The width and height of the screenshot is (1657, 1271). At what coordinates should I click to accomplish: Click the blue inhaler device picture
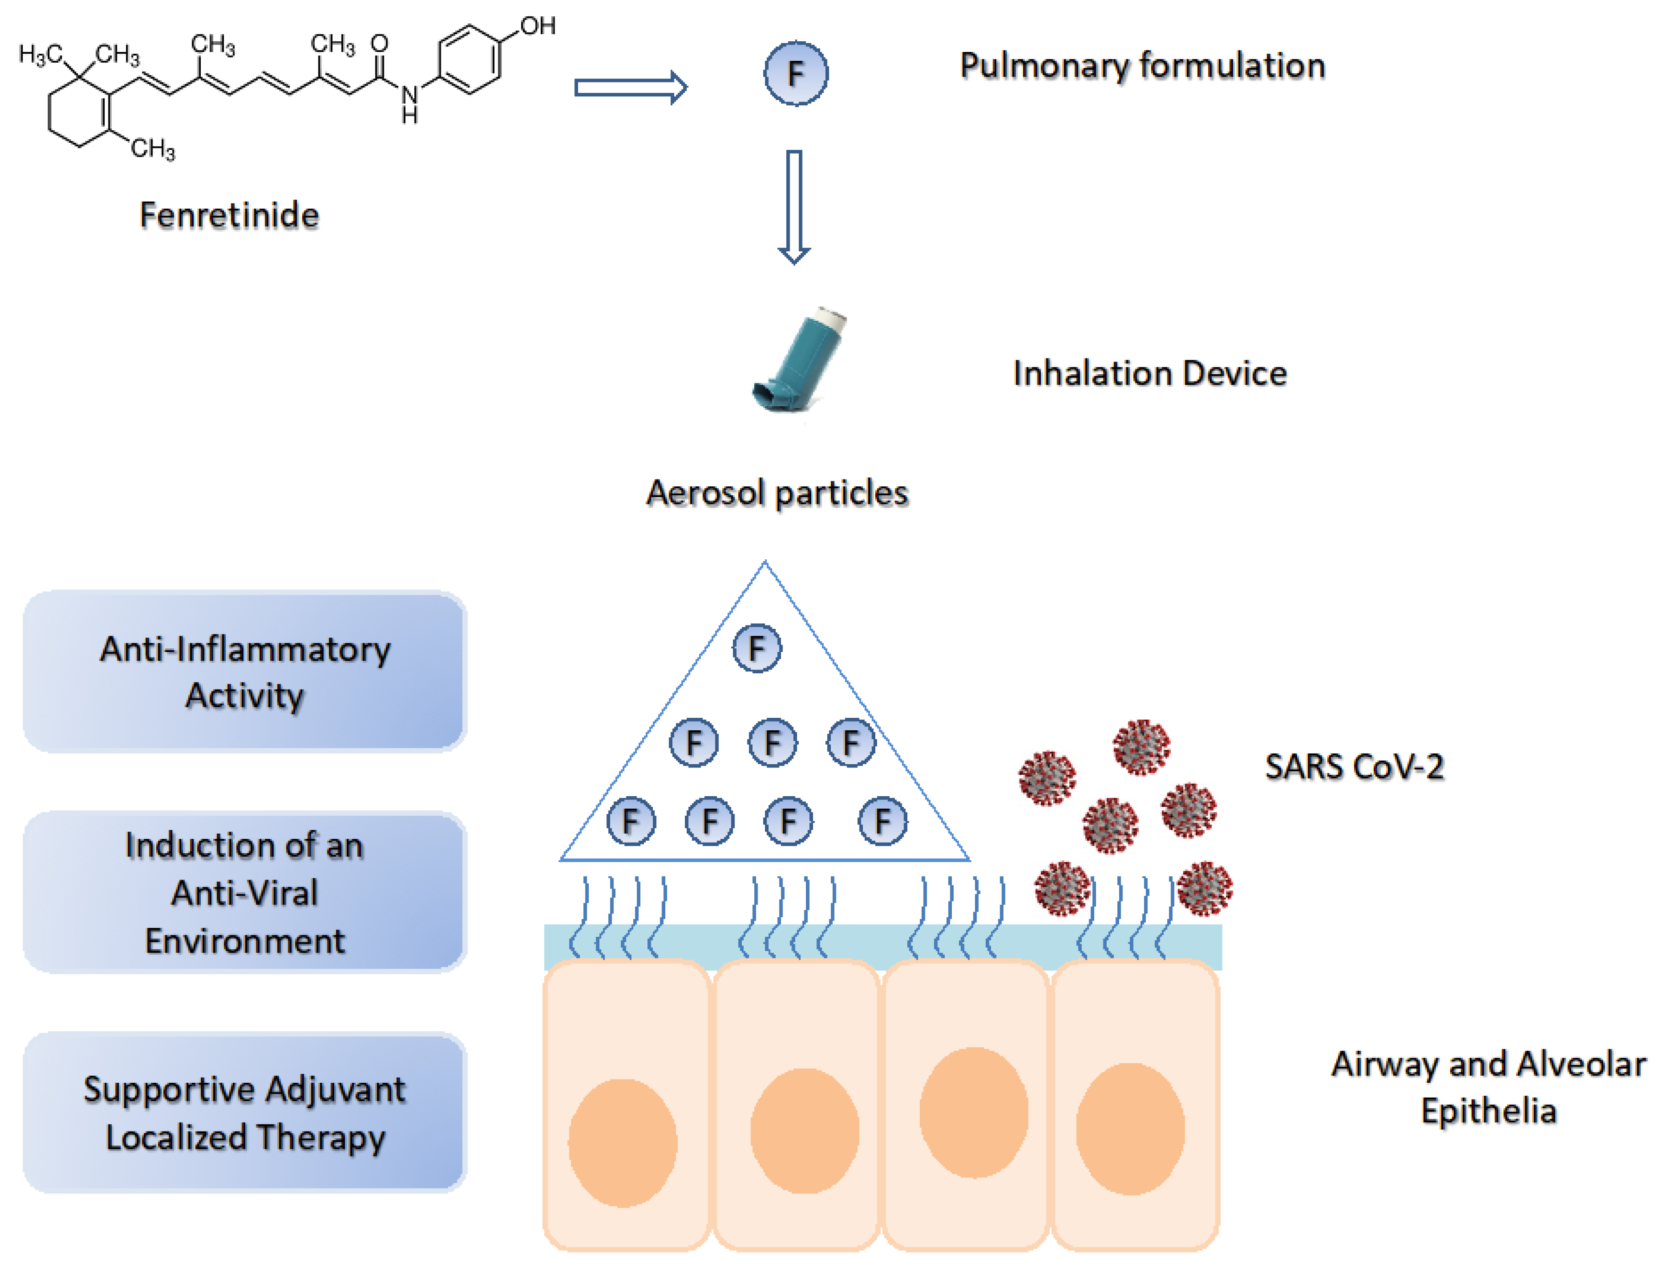coord(798,361)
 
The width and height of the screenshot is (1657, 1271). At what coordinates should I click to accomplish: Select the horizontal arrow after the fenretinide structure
coord(630,88)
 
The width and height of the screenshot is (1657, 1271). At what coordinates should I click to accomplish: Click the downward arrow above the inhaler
coord(794,206)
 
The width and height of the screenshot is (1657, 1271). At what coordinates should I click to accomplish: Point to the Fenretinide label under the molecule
coord(229,216)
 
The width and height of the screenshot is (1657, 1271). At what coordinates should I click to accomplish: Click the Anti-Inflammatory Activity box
coord(244,671)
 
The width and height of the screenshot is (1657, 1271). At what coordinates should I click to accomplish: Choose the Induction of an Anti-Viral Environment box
coord(244,892)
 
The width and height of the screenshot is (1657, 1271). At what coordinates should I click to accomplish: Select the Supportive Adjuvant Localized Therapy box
coord(244,1112)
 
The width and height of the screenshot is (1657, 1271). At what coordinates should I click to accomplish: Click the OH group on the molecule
coord(538,26)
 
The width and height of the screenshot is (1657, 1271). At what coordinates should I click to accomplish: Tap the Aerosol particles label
coord(777,493)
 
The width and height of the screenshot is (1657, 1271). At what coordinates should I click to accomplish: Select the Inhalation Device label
coord(1149,374)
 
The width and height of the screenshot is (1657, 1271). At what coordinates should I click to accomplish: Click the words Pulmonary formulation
coord(1142,66)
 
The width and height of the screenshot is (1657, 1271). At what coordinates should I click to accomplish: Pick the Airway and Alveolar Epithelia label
coord(1488,1088)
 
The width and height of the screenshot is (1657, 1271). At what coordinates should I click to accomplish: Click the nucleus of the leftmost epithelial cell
coord(622,1143)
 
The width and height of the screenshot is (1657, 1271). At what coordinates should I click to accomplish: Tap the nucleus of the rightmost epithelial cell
coord(1130,1129)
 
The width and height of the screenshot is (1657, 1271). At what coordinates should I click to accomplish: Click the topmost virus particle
coord(1141,747)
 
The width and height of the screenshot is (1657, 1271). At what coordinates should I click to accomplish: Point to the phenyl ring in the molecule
coord(469,60)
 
